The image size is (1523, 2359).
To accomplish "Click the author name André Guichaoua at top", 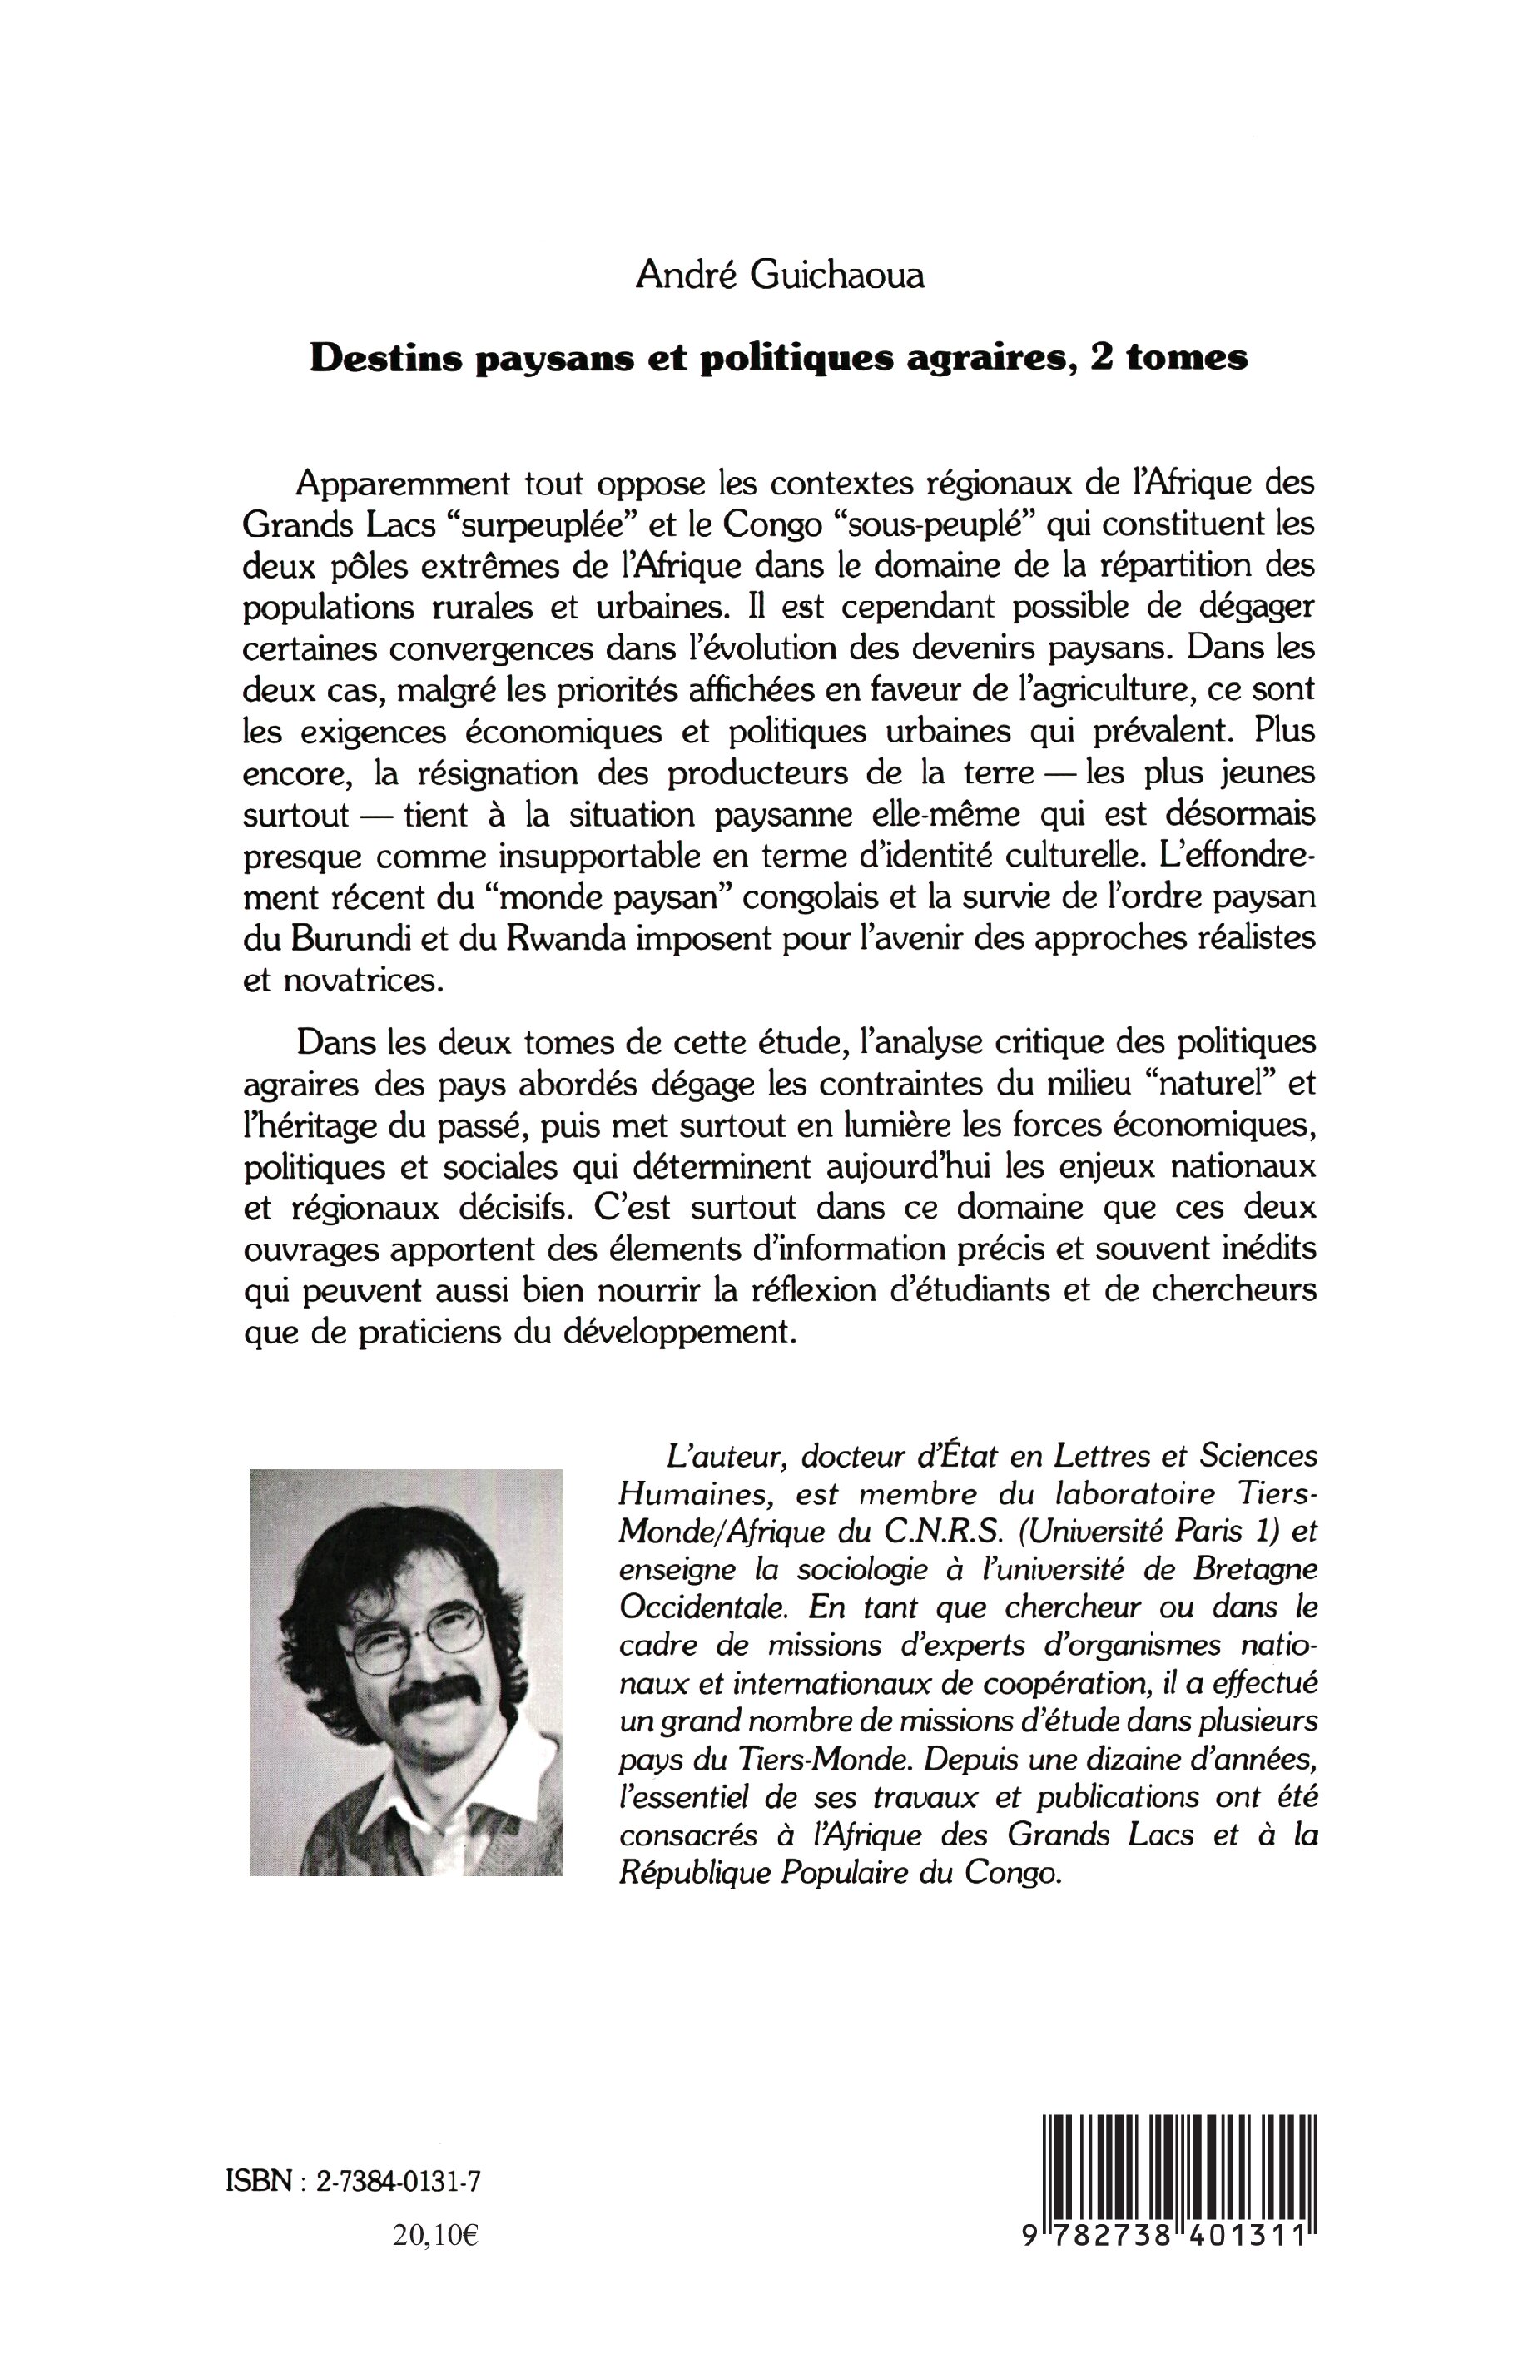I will pyautogui.click(x=781, y=276).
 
